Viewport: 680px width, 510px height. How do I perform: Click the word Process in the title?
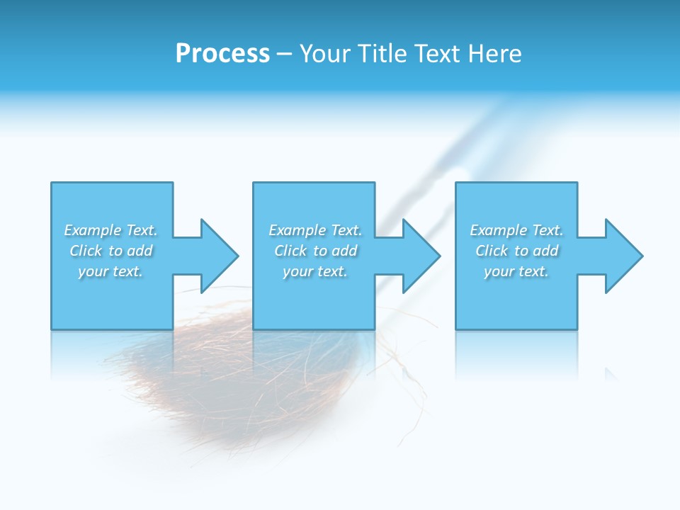tap(222, 54)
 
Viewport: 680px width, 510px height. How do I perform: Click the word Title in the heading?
tap(382, 54)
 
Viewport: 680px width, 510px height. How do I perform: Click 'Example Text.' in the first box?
tap(110, 230)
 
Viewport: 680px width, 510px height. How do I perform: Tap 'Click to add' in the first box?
tap(110, 251)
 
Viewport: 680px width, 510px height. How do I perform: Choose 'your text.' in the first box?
tap(110, 271)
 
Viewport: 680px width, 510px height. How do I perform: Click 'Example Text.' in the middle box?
tap(314, 230)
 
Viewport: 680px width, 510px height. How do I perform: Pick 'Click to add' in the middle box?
tap(314, 251)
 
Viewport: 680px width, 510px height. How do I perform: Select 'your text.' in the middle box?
tap(314, 271)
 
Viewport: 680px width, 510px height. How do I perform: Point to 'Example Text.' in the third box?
tap(516, 230)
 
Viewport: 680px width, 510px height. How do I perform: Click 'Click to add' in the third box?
tap(516, 251)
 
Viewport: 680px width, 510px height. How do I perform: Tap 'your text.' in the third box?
tap(516, 271)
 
